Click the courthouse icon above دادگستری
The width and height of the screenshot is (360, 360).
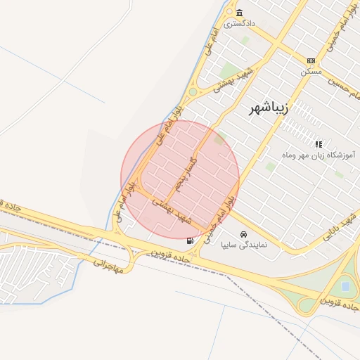240,13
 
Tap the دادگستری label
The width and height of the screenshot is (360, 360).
240,23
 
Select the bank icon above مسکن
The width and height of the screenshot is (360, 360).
311,61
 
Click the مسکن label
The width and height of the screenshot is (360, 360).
310,71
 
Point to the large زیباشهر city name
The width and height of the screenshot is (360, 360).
269,109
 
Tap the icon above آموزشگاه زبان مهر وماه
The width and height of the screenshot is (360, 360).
319,143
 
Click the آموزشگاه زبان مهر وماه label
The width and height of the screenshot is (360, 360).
319,153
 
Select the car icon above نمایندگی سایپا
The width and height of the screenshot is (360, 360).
243,234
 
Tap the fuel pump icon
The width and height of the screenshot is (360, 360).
191,240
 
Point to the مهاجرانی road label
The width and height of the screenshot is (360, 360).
108,264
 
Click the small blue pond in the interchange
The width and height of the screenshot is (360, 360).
345,286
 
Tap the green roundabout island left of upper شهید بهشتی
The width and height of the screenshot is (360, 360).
193,91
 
